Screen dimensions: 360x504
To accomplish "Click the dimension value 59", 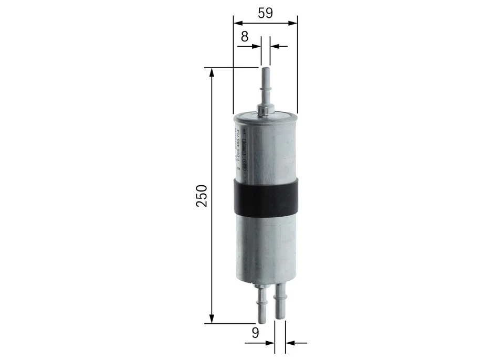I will point(265,13).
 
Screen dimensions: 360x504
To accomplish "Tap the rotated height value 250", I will point(202,195).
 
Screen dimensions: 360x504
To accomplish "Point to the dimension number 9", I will point(256,332).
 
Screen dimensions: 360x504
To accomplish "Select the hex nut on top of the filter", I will point(265,109).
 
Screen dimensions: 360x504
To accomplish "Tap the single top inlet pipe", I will point(265,87).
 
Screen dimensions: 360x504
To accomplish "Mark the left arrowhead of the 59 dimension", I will point(237,23).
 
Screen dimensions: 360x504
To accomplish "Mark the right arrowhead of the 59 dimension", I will point(293,23).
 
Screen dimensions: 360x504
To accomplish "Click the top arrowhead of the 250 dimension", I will point(212,72).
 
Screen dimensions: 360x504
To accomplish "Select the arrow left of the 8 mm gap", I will point(257,46).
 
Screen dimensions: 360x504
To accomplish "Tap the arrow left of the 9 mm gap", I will point(271,344).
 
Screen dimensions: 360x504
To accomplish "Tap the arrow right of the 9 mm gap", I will point(288,344).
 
